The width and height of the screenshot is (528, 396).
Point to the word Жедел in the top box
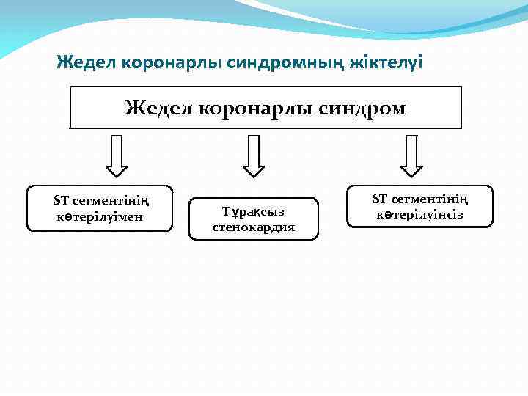(x=157, y=109)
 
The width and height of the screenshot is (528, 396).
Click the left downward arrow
(x=117, y=156)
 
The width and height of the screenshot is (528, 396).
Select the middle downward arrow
(x=254, y=156)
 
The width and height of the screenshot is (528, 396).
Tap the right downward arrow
(x=411, y=156)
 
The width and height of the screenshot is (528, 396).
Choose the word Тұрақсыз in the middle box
(x=253, y=212)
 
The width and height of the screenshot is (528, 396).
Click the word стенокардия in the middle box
(x=254, y=227)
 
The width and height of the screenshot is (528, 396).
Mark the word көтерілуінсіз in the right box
(x=420, y=215)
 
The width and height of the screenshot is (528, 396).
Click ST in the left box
(x=61, y=201)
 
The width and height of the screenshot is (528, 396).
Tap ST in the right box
(x=380, y=199)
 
